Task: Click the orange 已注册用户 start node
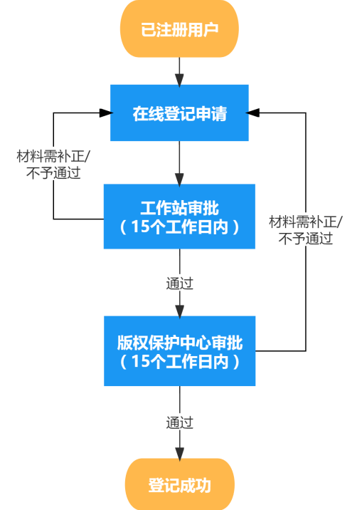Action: coord(179,29)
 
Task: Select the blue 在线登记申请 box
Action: coord(179,113)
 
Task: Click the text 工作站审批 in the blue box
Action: coord(179,208)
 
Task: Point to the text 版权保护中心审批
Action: coord(179,343)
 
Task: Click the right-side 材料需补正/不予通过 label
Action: coord(305,229)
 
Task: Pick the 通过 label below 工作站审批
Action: coord(179,283)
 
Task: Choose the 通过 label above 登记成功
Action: coord(179,422)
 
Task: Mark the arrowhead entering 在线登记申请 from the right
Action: coord(255,113)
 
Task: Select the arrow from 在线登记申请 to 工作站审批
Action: coord(179,162)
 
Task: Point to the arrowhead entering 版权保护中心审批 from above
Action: coord(179,311)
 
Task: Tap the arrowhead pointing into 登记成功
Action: coord(179,453)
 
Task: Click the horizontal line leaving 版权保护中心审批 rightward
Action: coord(280,350)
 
